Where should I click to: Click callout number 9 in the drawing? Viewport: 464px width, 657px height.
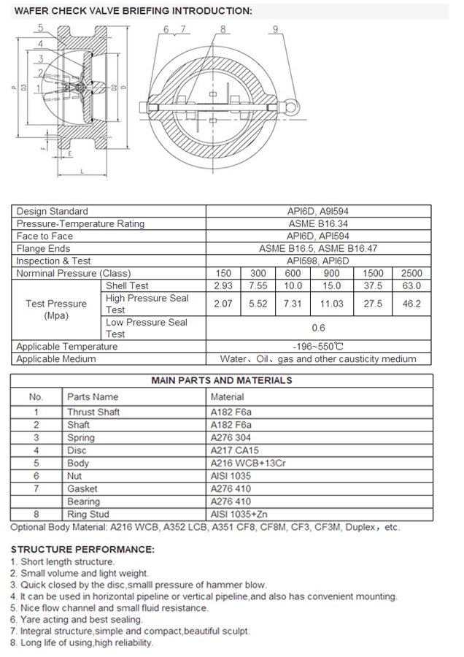pyautogui.click(x=274, y=28)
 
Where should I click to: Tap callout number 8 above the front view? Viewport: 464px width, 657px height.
pyautogui.click(x=222, y=28)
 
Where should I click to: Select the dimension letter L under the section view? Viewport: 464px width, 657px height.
pyautogui.click(x=82, y=170)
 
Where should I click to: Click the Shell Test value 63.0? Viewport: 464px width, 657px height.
pyautogui.click(x=411, y=285)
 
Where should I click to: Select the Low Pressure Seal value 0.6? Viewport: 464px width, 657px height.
pyautogui.click(x=318, y=328)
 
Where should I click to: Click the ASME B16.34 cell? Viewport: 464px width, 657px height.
pyautogui.click(x=318, y=223)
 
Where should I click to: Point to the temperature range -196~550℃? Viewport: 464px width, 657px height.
pyautogui.click(x=318, y=347)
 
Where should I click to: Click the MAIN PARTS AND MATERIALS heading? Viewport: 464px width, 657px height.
pyautogui.click(x=221, y=380)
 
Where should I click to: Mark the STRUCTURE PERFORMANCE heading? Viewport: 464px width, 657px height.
pyautogui.click(x=82, y=549)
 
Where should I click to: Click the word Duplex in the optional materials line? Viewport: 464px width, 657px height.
pyautogui.click(x=360, y=527)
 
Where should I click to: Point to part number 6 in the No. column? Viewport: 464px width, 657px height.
pyautogui.click(x=36, y=476)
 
